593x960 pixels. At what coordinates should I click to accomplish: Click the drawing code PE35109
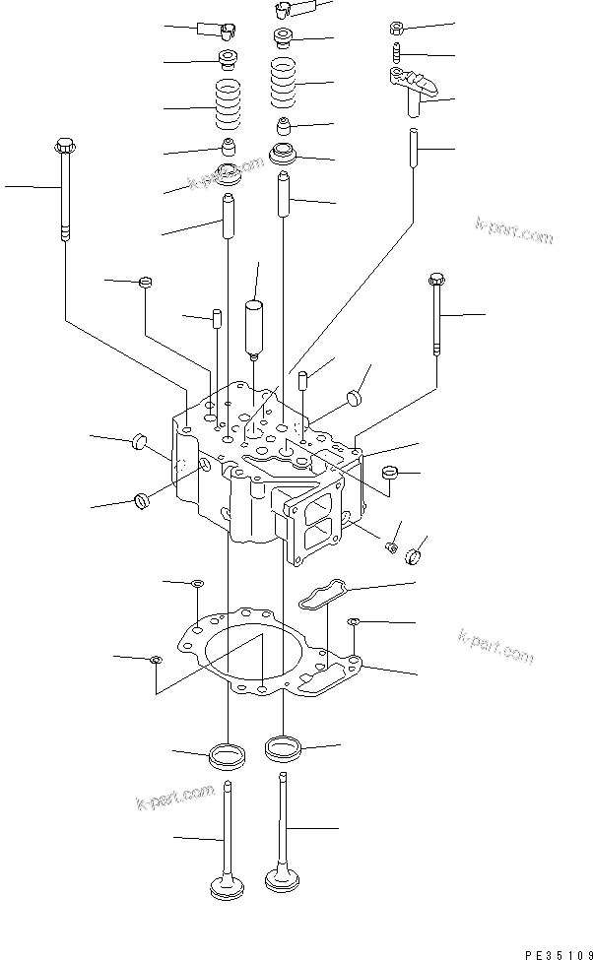[x=558, y=954]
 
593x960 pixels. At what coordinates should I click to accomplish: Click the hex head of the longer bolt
[x=64, y=147]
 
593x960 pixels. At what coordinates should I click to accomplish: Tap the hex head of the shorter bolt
[x=436, y=280]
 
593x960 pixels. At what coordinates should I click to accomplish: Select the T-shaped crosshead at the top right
[x=414, y=89]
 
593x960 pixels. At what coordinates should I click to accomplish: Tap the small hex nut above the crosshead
[x=396, y=28]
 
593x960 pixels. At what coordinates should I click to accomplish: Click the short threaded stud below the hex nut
[x=396, y=52]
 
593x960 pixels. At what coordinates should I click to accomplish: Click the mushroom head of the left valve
[x=227, y=888]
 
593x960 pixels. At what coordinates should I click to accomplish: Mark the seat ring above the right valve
[x=283, y=748]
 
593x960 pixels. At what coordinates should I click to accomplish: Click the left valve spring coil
[x=228, y=104]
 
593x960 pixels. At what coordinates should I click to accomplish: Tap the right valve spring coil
[x=284, y=82]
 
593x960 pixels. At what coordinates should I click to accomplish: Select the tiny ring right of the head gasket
[x=353, y=622]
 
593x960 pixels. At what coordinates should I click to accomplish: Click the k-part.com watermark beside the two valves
[x=174, y=797]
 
